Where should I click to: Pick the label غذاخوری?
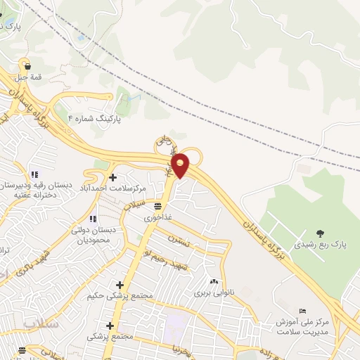coord(157,218)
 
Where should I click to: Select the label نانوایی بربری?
coord(213,291)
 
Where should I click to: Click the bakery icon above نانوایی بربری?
coord(213,281)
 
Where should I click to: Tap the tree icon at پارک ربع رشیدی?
coord(321,233)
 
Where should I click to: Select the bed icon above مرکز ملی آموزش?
coord(303,311)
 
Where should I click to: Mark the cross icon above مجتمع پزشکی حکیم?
coord(120,285)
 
